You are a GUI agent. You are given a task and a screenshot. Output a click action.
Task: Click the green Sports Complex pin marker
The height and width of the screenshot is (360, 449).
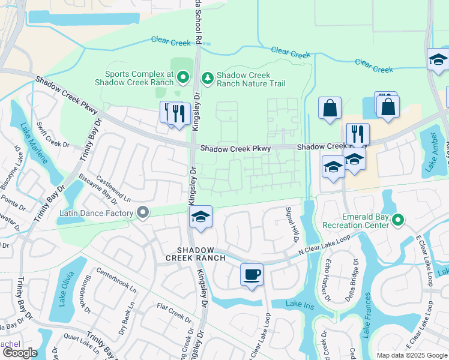[x=183, y=77]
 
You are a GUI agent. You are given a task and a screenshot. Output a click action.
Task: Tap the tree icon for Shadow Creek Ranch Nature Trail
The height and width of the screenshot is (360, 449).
[x=207, y=77]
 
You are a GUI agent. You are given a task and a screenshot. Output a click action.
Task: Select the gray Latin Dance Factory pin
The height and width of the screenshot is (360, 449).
[x=143, y=212]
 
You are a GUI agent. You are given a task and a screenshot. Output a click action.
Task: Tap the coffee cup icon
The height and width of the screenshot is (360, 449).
[x=251, y=275]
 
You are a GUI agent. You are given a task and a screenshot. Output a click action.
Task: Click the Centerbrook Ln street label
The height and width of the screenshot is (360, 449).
[x=116, y=280]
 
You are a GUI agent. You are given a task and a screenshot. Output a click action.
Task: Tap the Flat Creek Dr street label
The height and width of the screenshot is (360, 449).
[x=173, y=311]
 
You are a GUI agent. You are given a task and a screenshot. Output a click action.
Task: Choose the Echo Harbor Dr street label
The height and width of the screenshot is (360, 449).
[x=328, y=280]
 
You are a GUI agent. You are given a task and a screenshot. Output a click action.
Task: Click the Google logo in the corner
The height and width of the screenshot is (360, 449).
[x=20, y=353]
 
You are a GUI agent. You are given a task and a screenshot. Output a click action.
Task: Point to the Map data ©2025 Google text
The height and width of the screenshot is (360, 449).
[x=412, y=355]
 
